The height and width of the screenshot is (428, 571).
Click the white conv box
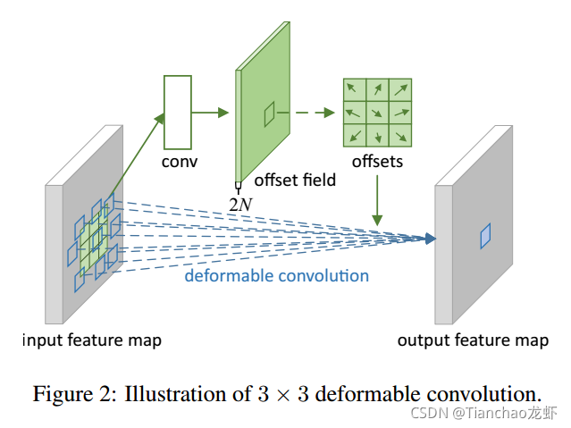(178, 112)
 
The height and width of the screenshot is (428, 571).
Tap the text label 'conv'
(179, 162)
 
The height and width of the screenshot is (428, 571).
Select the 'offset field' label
(296, 180)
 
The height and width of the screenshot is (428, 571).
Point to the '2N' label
(239, 204)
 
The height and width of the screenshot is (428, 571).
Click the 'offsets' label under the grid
(376, 162)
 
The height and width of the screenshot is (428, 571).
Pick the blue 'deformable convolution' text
(276, 275)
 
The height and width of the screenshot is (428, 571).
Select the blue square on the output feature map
(485, 236)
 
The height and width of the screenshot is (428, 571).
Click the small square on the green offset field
(269, 113)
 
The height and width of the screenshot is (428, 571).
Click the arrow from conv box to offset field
(212, 113)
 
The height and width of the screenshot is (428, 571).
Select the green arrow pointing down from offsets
(377, 198)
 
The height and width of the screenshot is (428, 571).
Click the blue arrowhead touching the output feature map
(430, 239)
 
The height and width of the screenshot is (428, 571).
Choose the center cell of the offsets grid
(376, 113)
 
